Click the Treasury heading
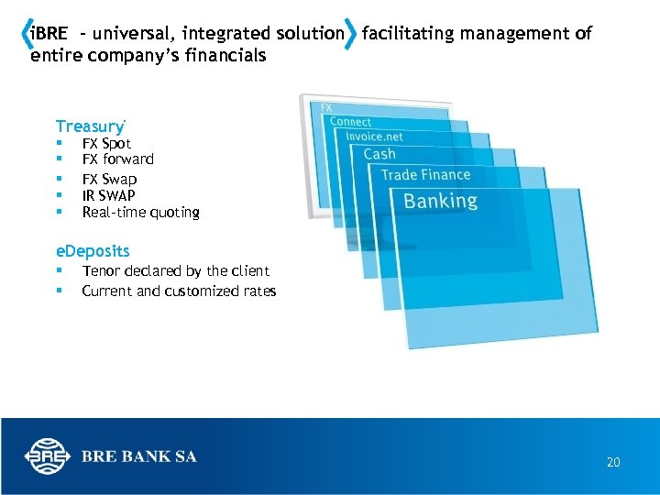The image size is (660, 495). tap(89, 126)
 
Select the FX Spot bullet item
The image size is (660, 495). tap(106, 144)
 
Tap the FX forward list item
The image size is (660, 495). tap(117, 159)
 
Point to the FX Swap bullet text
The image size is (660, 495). tap(109, 179)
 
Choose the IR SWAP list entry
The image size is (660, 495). tap(108, 195)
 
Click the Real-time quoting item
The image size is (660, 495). tap(140, 213)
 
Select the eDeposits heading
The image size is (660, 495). tap(93, 251)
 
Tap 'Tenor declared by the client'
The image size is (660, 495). tap(175, 271)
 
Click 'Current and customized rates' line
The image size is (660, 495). tap(179, 291)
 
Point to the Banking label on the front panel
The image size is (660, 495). tap(440, 201)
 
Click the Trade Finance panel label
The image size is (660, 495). tap(425, 175)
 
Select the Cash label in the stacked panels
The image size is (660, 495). tap(379, 154)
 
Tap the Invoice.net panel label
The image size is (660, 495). tap(374, 137)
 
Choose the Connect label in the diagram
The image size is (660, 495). tap(350, 122)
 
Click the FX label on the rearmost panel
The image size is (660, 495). tap(326, 108)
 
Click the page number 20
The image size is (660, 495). tap(613, 463)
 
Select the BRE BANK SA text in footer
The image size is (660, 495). tap(138, 456)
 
